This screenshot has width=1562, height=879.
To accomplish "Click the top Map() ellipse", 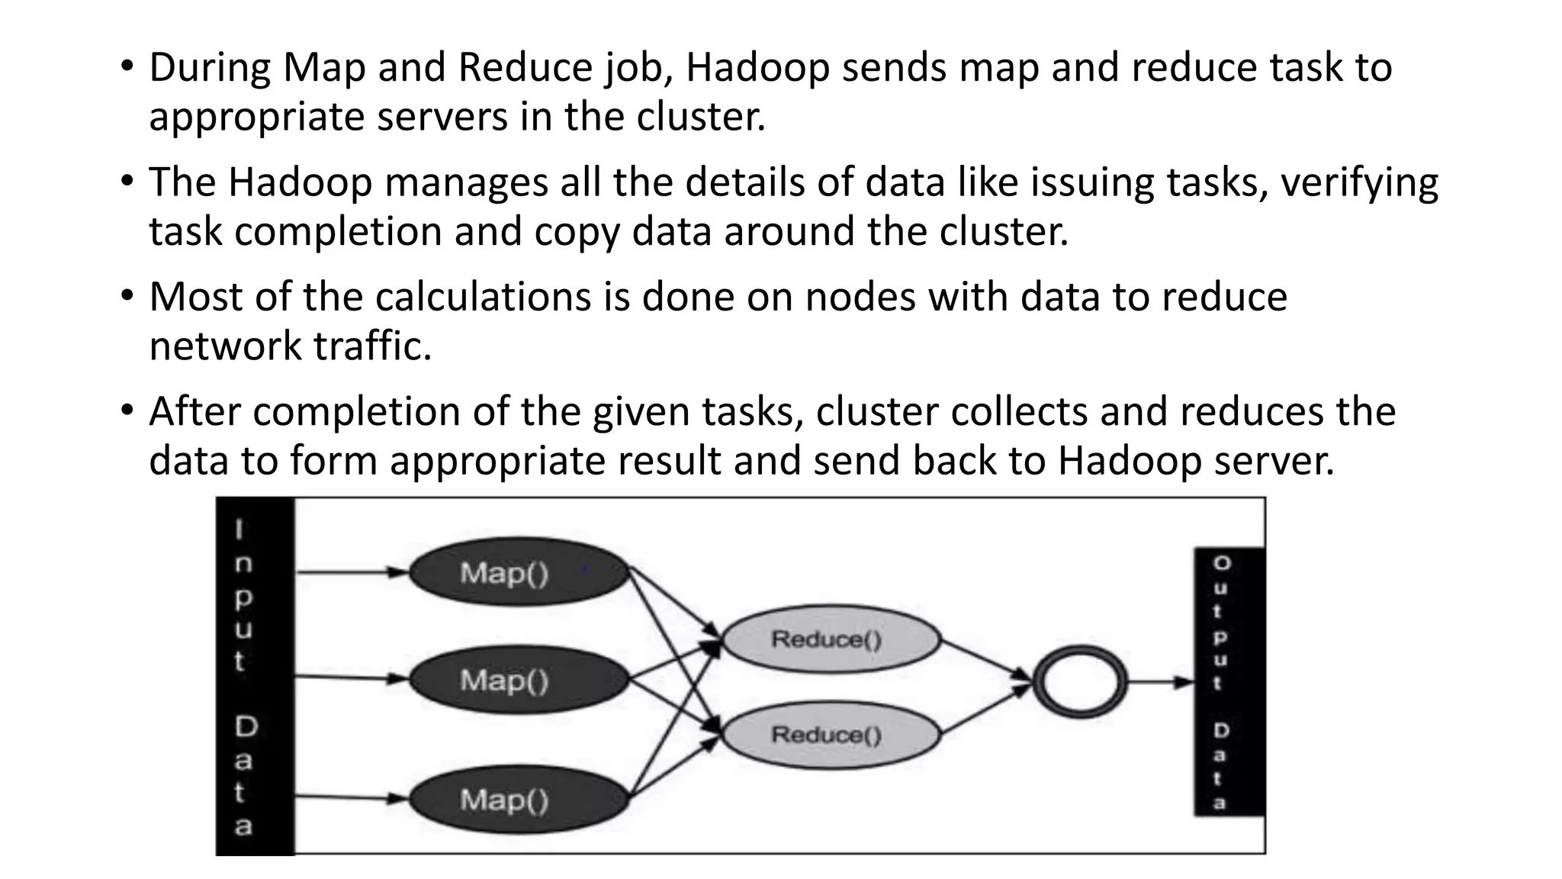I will coord(519,572).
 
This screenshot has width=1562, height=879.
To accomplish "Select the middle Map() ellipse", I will coord(519,679).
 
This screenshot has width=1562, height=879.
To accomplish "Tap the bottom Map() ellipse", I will coord(519,800).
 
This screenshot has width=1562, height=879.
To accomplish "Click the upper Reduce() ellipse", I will coord(830,639).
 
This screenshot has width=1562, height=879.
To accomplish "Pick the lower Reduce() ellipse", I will coord(830,735).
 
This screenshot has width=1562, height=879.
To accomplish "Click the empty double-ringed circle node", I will coord(1079,681).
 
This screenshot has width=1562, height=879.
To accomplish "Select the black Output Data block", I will coord(1229,681).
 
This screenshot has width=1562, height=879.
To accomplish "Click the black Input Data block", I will coord(255,676).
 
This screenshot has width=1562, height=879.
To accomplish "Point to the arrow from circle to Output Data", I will coord(1159,681).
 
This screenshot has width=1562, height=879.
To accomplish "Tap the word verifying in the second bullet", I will coord(1359,183).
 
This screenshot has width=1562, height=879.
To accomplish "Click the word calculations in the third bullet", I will coord(483,297).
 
